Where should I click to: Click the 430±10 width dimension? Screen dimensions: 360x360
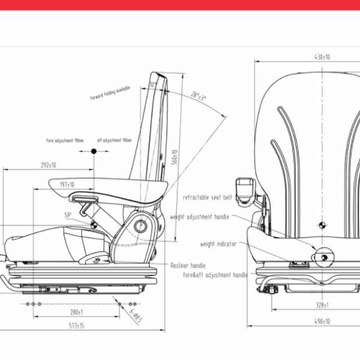click(x=322, y=57)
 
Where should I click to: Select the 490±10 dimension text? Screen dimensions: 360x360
click(x=322, y=322)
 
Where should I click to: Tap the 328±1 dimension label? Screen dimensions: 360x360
click(x=322, y=305)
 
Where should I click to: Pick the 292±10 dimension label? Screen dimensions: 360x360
click(x=48, y=165)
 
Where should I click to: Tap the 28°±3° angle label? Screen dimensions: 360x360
click(x=198, y=96)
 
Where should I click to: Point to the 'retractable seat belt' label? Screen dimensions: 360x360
click(x=207, y=197)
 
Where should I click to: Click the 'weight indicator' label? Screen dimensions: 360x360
click(x=218, y=244)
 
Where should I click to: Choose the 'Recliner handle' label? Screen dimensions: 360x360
click(x=188, y=265)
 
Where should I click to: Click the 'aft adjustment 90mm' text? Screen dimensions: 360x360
click(x=114, y=140)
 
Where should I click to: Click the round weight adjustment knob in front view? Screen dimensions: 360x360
click(x=323, y=257)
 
